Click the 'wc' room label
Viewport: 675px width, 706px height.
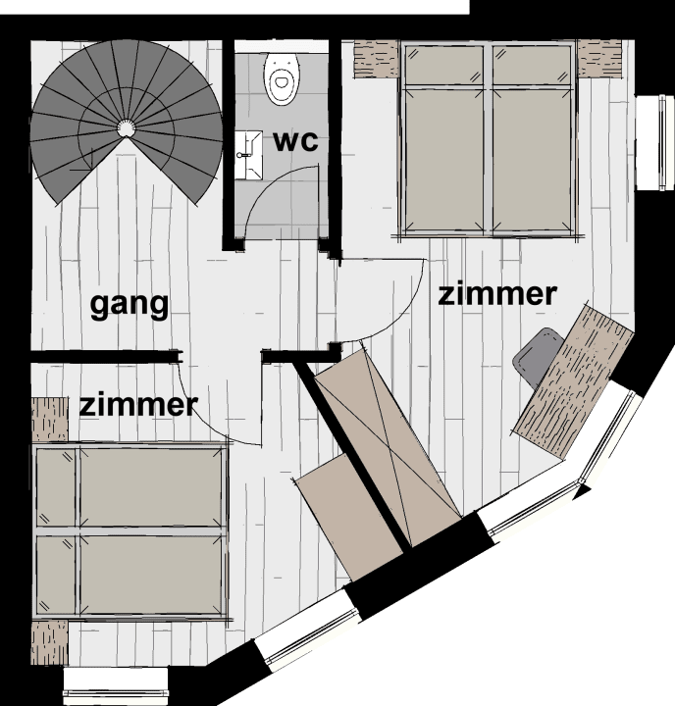point(295,141)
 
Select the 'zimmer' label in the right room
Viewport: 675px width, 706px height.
point(497,294)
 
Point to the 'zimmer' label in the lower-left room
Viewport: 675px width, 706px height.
point(138,405)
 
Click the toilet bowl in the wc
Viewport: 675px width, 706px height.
point(283,78)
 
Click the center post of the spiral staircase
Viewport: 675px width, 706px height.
point(126,128)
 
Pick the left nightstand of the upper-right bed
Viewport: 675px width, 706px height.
point(377,59)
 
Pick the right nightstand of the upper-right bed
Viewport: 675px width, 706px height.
point(599,58)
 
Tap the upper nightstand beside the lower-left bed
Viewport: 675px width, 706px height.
point(50,420)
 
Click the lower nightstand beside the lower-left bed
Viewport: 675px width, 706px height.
point(50,642)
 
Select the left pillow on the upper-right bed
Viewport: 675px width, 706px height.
point(443,66)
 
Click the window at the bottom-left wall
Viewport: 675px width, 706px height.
point(116,685)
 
